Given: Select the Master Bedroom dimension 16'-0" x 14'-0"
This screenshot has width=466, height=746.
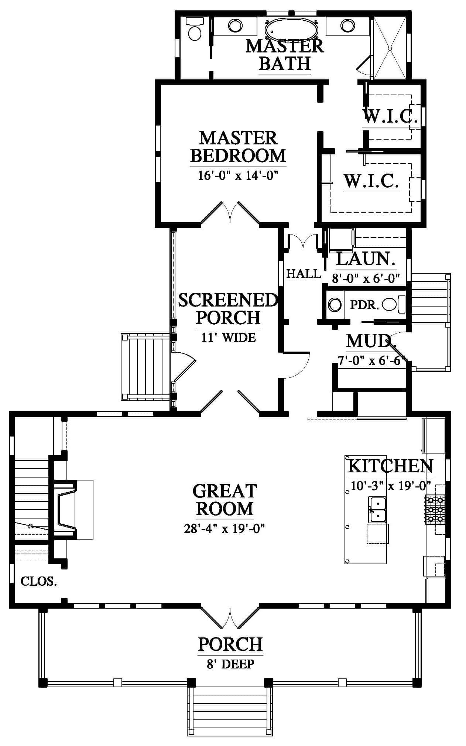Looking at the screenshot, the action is coord(238,175).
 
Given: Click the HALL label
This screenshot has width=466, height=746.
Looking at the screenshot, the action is coord(304,274).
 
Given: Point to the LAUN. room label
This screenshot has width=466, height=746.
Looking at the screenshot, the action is coord(366,259).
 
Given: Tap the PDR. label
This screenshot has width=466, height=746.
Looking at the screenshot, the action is coord(364,305).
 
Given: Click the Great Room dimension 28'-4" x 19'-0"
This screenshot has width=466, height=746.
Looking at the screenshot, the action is coord(225,529).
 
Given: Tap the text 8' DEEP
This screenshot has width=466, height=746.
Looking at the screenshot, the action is coord(230,664).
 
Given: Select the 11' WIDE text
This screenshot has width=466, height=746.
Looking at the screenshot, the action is coord(229,337).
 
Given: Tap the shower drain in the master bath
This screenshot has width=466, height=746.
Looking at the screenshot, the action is coord(390,48).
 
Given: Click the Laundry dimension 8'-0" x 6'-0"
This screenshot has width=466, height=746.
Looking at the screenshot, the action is coord(366,278).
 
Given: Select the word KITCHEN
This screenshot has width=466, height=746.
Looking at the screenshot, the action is coord(390,466).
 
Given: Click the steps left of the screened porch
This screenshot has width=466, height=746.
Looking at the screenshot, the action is coord(146,367).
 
